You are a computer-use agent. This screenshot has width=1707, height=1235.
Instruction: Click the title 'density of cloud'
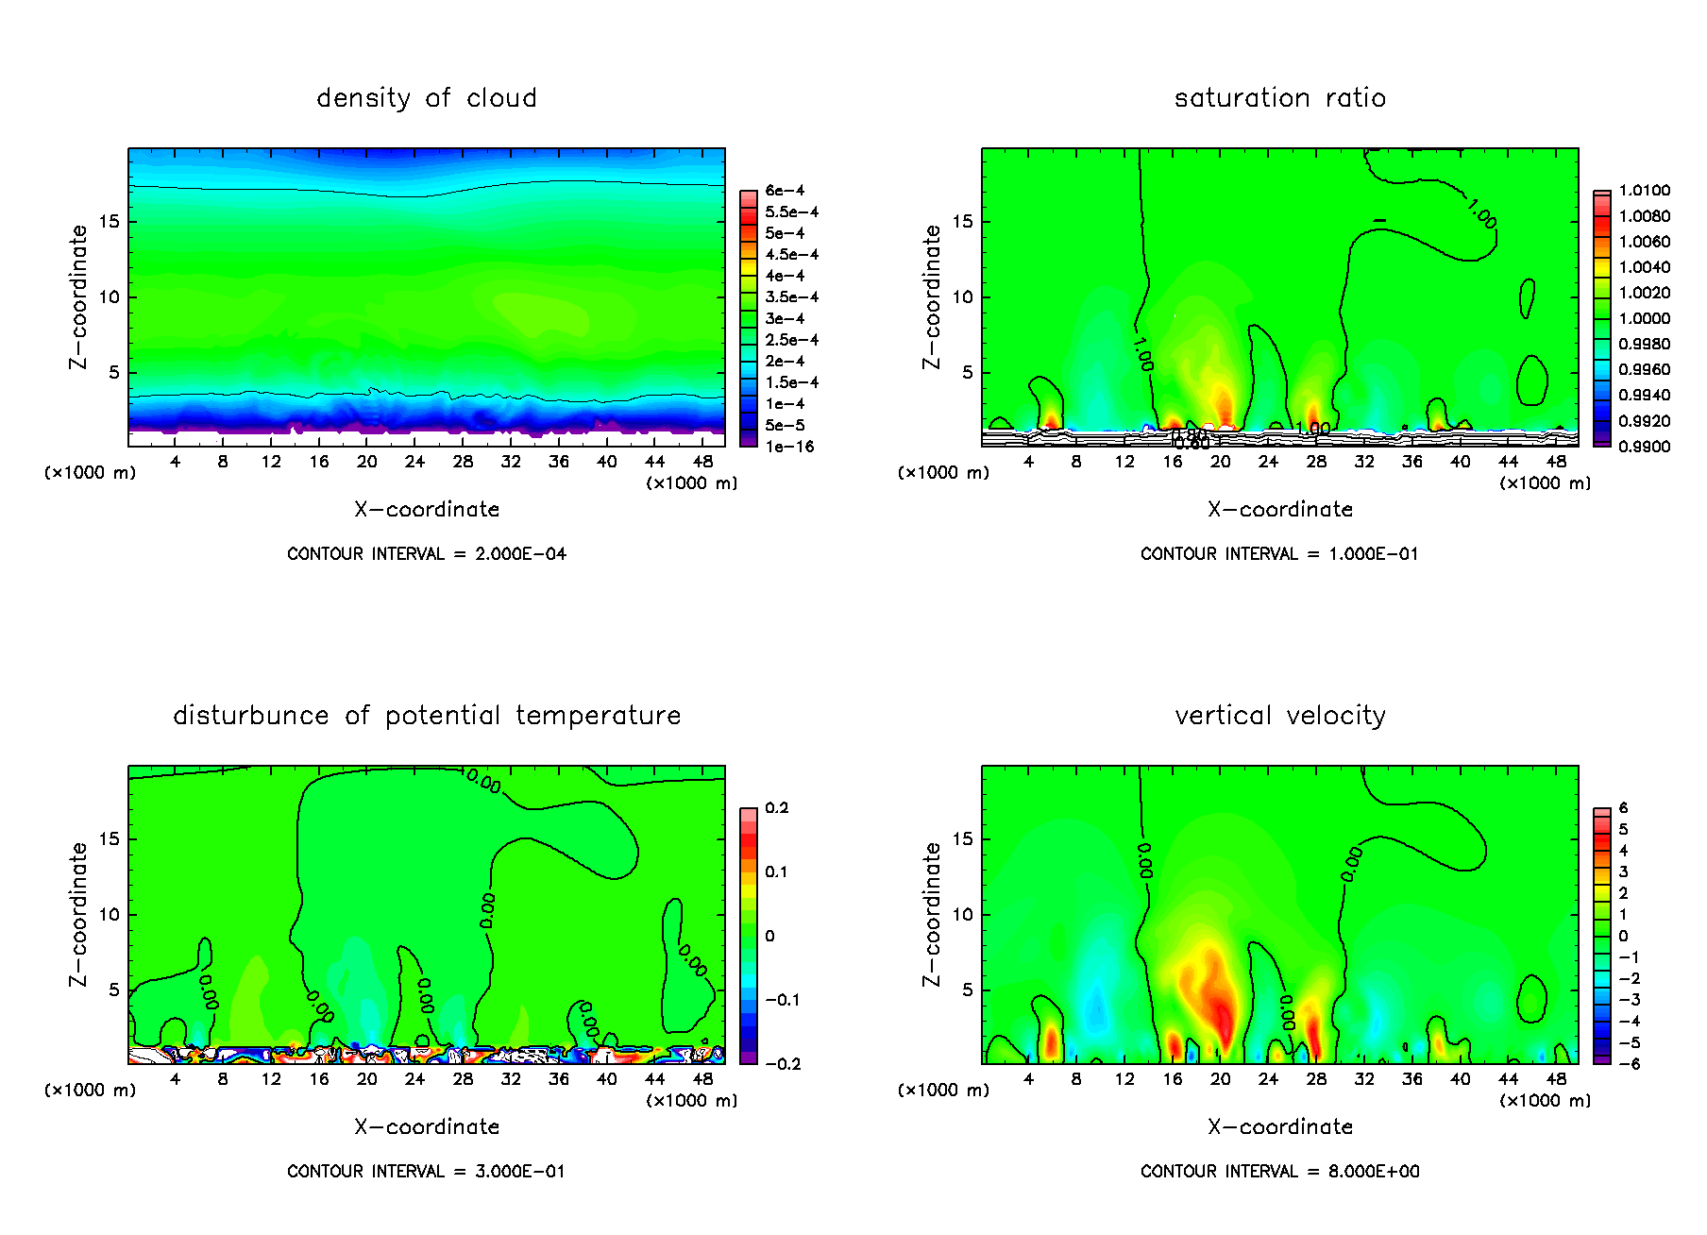pos(427,98)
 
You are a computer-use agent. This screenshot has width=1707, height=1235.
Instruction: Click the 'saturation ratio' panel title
pos(1279,98)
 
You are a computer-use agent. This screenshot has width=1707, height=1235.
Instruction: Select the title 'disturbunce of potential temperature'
pos(427,716)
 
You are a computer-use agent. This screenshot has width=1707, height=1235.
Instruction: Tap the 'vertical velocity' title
pos(1279,716)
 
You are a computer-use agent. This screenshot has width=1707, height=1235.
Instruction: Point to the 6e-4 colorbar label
pos(785,191)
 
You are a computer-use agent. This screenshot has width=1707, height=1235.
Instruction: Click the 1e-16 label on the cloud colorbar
pos(789,447)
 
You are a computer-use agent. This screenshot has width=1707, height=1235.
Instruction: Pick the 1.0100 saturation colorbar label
pos(1644,191)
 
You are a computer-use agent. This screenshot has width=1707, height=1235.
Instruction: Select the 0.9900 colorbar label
pos(1644,447)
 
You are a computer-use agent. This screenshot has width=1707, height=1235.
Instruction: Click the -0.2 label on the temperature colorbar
pos(783,1064)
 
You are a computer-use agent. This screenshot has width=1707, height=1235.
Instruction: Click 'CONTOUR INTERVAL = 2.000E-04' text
pos(427,554)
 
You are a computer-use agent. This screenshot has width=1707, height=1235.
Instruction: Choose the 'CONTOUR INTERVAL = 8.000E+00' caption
pos(1279,1172)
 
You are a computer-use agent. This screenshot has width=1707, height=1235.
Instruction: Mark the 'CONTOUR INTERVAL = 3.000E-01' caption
pos(427,1172)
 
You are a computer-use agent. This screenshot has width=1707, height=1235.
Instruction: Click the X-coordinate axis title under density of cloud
pos(427,510)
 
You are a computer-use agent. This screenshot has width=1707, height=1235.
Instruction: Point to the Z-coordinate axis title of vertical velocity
pos(932,914)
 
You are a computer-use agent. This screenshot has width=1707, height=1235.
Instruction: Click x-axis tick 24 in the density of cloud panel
pos(414,462)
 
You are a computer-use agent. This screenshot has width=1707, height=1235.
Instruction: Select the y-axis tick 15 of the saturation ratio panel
pos(962,222)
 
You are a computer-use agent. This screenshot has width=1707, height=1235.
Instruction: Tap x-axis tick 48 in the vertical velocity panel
pos(1556,1079)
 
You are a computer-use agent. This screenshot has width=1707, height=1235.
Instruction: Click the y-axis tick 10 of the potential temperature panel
pos(110,914)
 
